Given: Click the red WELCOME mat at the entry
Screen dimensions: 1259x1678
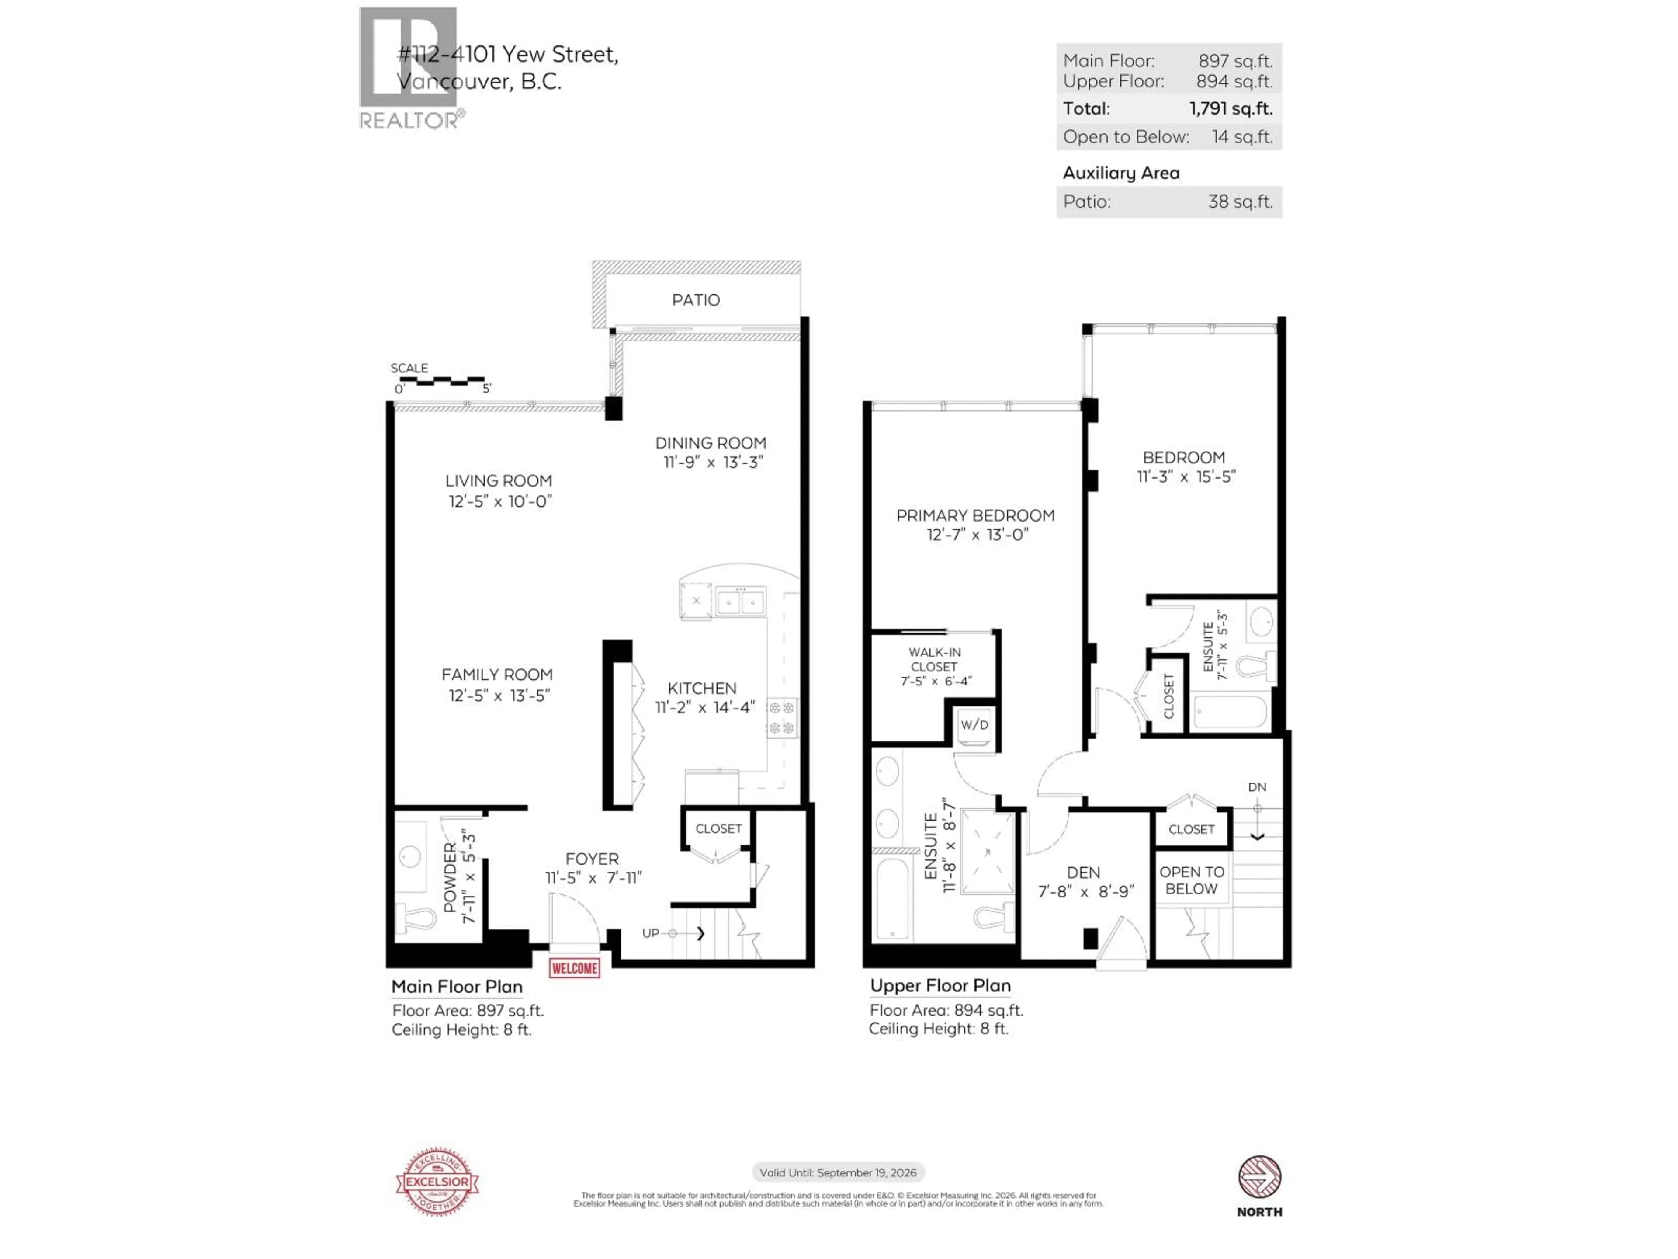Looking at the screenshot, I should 574,968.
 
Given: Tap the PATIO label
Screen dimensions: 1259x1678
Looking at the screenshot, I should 696,300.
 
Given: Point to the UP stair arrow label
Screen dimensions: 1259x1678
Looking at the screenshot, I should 651,933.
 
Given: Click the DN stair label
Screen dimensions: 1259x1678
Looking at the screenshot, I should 1257,787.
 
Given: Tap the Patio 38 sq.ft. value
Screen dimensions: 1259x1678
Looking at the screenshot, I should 1240,202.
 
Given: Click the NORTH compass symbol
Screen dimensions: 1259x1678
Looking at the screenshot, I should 1259,1177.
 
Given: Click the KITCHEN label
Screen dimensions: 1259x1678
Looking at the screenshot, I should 702,689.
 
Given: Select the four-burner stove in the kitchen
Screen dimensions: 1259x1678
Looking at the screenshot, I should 781,718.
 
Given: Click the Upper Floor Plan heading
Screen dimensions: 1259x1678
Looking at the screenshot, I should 940,986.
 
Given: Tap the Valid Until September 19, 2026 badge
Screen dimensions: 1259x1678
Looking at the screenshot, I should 838,1172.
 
